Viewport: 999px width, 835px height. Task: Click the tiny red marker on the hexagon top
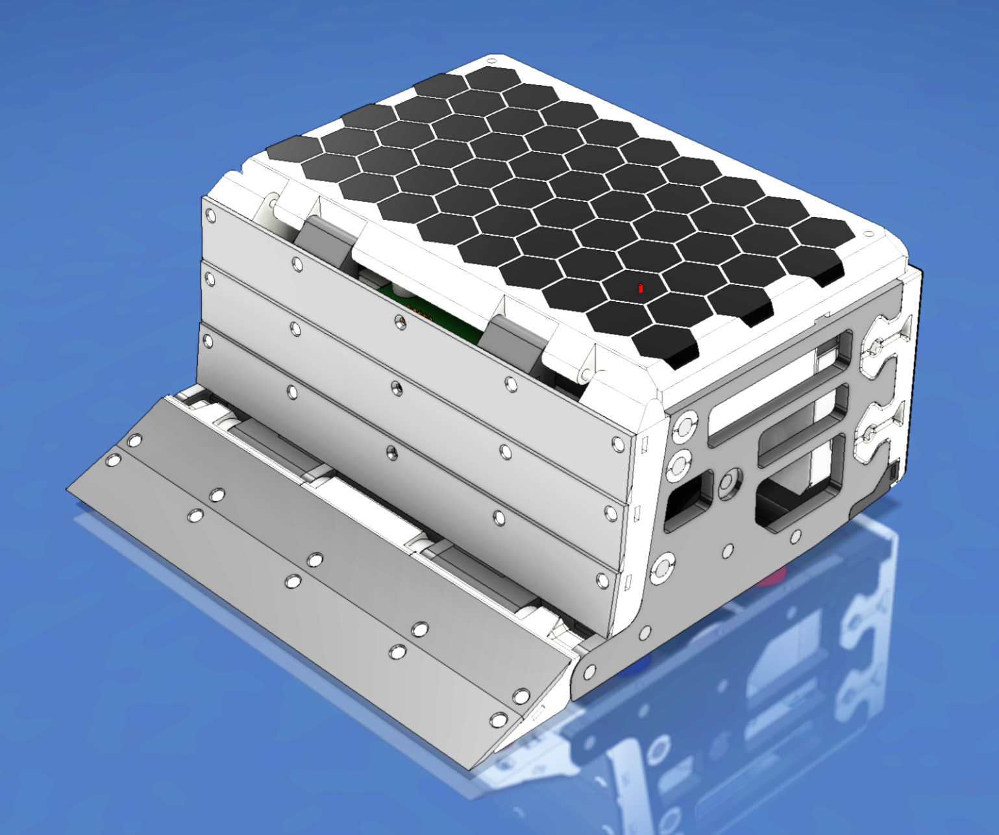point(641,288)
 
